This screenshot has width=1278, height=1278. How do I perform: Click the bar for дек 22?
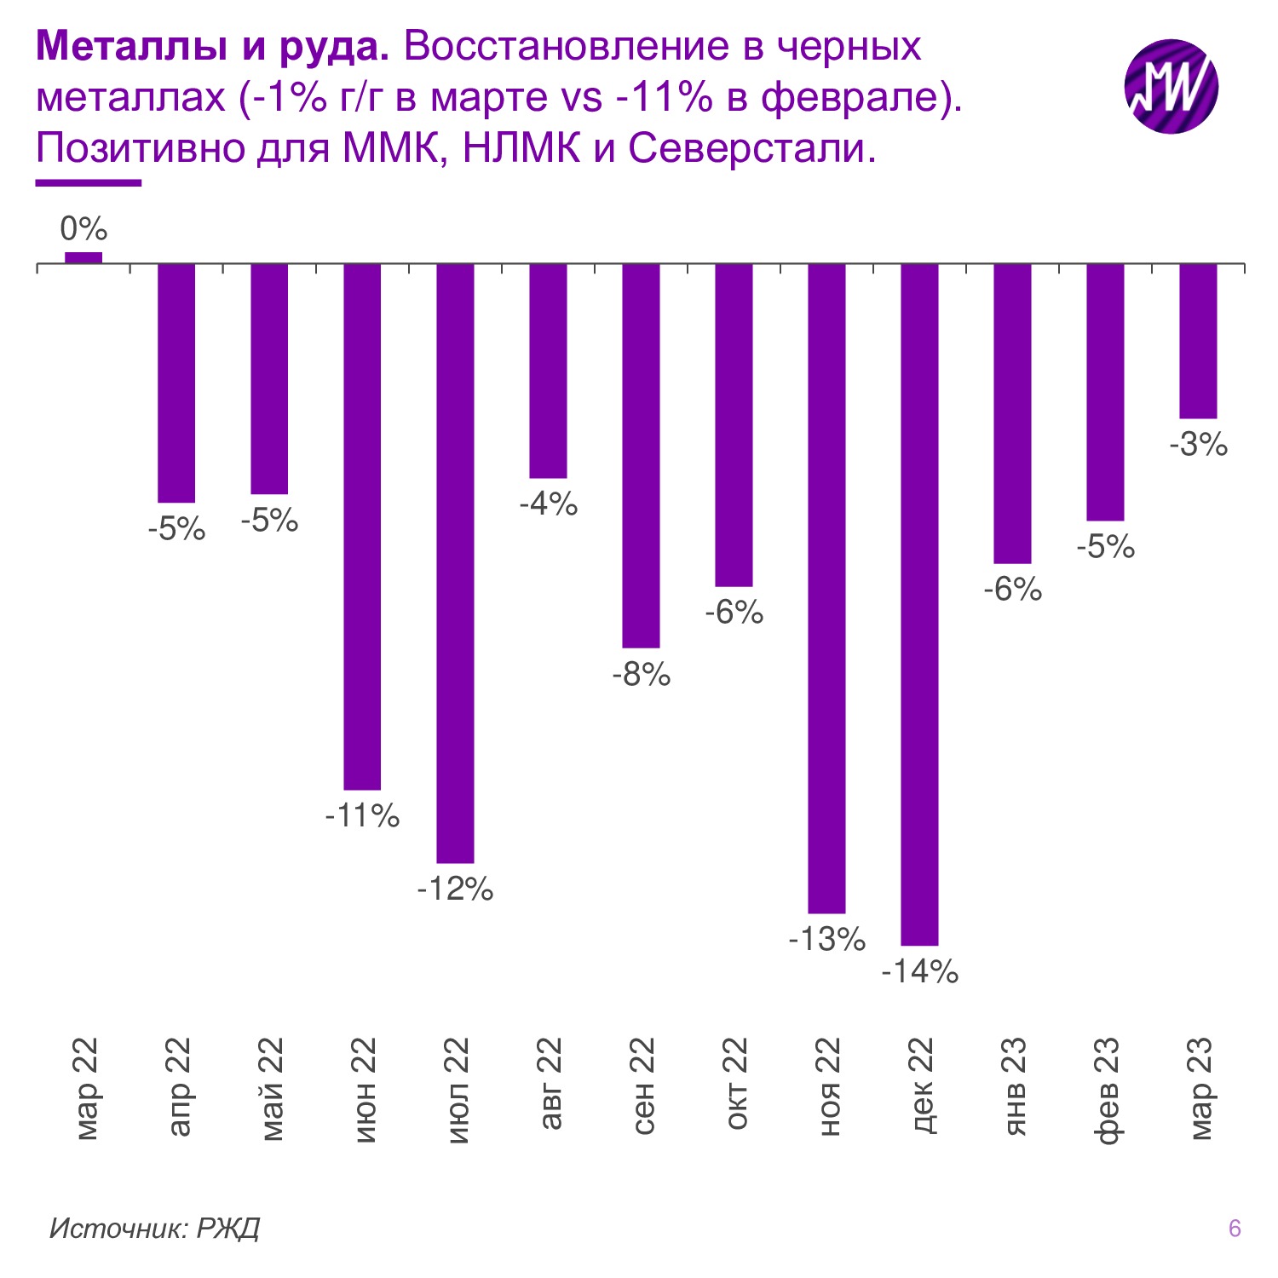point(919,604)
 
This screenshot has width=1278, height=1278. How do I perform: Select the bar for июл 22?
point(455,563)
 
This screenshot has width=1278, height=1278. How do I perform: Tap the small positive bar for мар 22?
point(83,257)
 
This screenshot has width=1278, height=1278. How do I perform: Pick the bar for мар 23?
point(1198,341)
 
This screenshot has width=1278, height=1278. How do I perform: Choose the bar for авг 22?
point(548,371)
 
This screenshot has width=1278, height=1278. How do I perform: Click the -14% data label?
point(919,971)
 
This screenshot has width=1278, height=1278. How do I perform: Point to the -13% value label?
point(826,939)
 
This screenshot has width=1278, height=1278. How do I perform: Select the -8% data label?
point(641,675)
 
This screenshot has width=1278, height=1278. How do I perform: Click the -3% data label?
point(1198,445)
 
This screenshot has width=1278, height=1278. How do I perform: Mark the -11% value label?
point(362,816)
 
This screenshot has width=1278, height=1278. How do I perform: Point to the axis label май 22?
point(271,1089)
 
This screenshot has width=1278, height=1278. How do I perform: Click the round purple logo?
point(1171,86)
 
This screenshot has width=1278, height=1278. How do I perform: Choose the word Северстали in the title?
point(751,148)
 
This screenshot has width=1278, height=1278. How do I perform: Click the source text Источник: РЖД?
point(154,1228)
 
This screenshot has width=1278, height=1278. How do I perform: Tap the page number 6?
point(1235,1228)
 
